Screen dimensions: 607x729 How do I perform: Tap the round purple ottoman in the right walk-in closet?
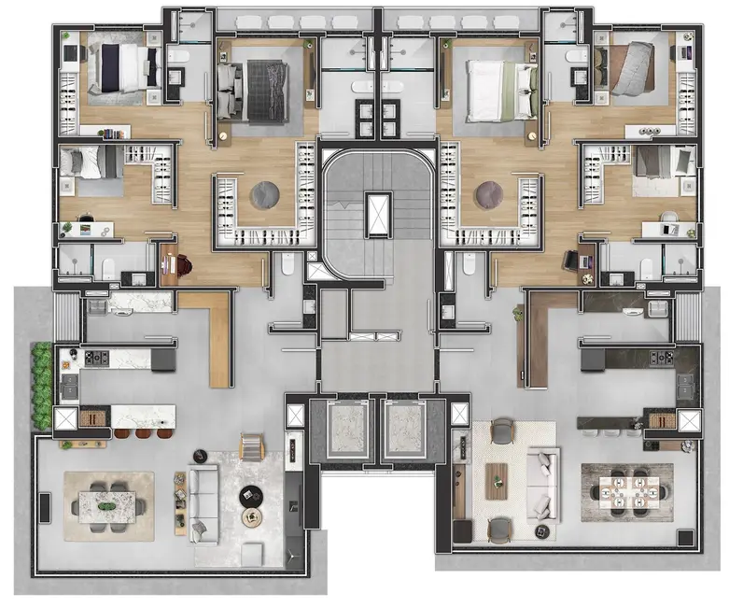[x=487, y=195]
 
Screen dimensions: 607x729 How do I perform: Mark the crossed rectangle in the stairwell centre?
[x=377, y=214]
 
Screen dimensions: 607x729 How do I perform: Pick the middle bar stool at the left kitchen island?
[x=142, y=432]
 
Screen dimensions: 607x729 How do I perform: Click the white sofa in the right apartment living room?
[x=542, y=484]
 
